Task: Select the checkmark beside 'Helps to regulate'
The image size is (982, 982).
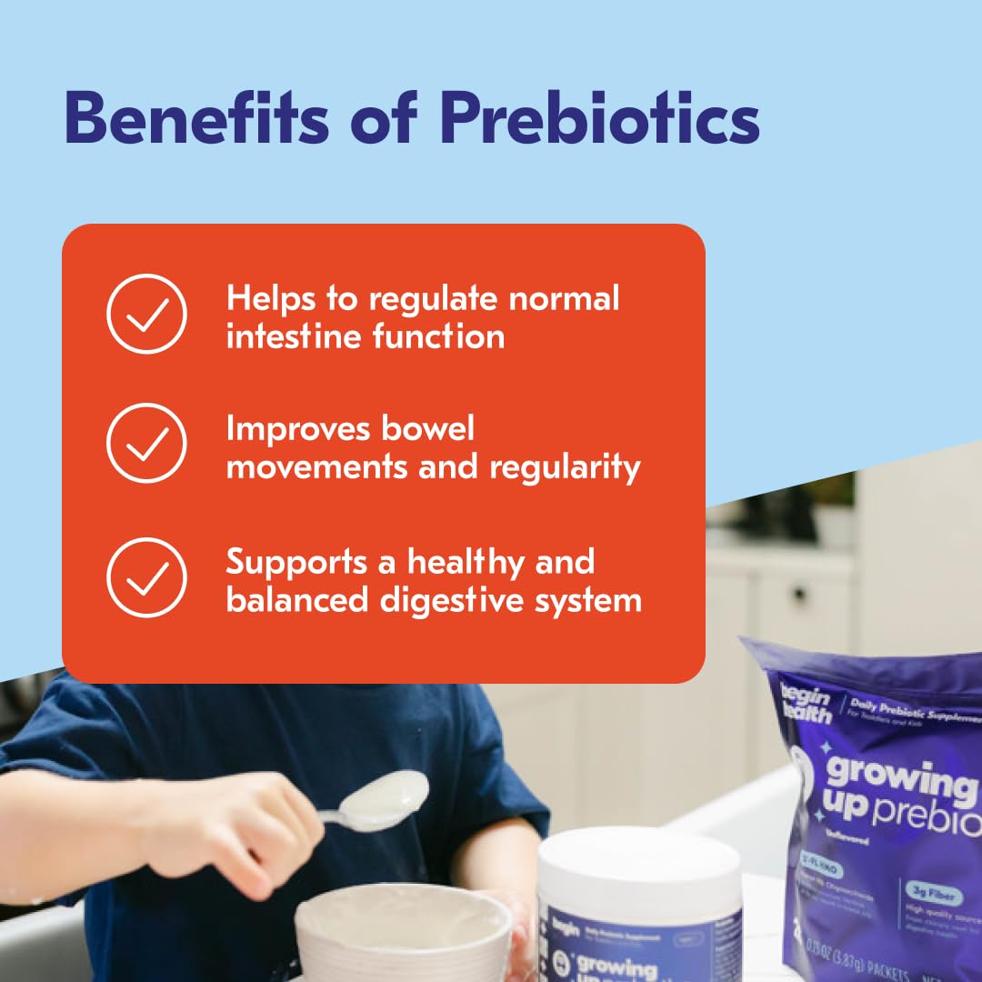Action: click(146, 315)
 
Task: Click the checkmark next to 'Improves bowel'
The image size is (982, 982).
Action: click(146, 444)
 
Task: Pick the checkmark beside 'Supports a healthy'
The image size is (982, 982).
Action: click(146, 577)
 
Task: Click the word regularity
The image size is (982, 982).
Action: click(566, 467)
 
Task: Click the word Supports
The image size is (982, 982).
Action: click(297, 561)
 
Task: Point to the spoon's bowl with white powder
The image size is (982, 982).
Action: click(392, 798)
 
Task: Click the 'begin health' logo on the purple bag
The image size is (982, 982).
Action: click(806, 703)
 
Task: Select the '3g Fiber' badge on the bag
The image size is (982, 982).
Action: click(933, 896)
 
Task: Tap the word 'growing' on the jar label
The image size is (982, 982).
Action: click(619, 967)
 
